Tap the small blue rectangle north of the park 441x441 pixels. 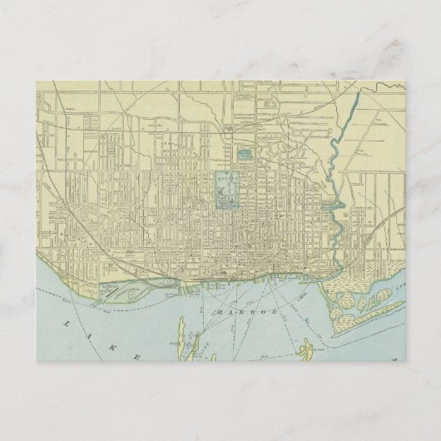[245, 154]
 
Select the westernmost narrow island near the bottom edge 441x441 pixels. [174, 347]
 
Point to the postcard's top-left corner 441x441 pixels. [38, 81]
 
